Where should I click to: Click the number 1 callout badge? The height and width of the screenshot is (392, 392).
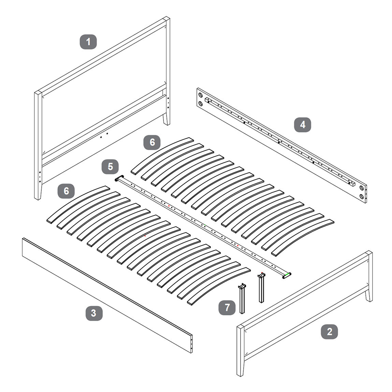[88, 42]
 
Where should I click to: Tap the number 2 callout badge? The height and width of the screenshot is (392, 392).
[330, 332]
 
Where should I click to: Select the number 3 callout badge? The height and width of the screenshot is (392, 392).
[94, 313]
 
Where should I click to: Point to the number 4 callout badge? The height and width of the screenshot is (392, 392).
[303, 125]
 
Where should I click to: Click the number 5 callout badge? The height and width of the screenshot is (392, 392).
[110, 167]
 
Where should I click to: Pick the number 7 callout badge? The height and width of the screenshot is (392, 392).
[227, 307]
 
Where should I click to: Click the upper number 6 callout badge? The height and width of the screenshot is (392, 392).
[152, 142]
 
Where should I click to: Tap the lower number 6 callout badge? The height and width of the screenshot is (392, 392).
[66, 191]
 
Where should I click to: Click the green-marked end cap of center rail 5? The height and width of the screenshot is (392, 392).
[287, 276]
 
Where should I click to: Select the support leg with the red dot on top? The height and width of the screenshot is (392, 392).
[261, 288]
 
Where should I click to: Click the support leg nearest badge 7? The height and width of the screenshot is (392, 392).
[242, 298]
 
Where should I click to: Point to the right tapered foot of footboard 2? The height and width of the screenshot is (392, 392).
[369, 295]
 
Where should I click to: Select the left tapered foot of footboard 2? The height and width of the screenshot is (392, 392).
[240, 368]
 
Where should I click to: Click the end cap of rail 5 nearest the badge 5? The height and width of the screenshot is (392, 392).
[119, 178]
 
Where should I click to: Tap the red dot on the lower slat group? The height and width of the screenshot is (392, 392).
[145, 236]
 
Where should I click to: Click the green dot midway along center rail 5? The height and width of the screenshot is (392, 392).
[205, 226]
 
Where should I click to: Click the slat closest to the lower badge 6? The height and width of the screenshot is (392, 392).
[78, 204]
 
